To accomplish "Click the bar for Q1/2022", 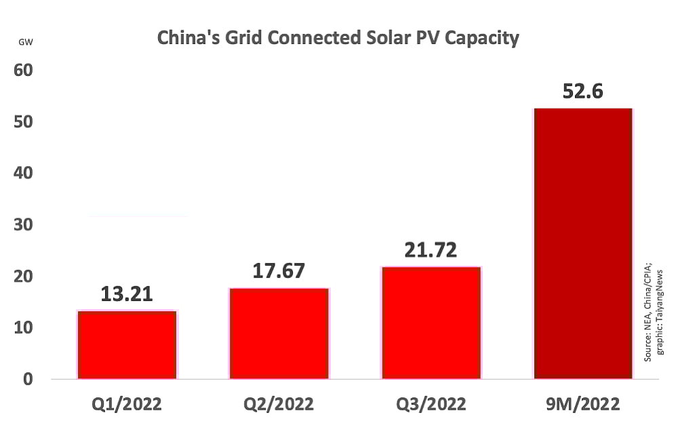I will [127, 344].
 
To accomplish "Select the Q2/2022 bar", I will [279, 333].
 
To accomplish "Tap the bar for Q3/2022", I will [431, 323].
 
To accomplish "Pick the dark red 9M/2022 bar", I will [583, 243].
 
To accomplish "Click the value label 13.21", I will [127, 294].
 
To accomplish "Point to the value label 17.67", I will [279, 271].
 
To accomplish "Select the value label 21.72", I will [431, 250].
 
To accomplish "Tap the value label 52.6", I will [583, 90].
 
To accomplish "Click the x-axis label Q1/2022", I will [127, 405].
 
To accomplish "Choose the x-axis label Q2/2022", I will [279, 405].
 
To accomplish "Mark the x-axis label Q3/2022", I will [431, 405].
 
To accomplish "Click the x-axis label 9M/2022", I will [583, 405].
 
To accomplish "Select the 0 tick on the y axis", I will [27, 378].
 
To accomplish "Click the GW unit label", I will [26, 43].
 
